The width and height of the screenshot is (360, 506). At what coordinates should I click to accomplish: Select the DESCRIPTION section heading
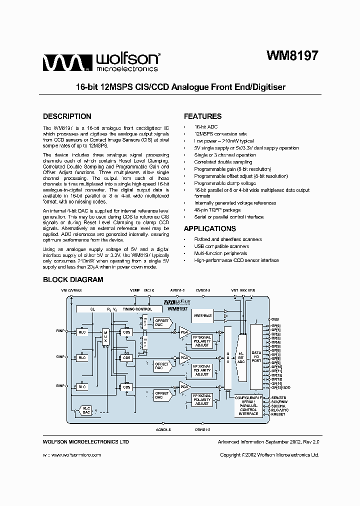click(x=67, y=116)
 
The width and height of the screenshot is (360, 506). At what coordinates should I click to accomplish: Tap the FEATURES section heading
click(x=202, y=116)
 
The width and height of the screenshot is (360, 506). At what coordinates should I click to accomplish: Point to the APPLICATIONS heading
click(x=210, y=229)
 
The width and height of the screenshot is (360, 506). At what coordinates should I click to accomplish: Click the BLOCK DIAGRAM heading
click(x=73, y=280)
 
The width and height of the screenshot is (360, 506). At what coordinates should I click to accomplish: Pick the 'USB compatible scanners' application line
click(x=221, y=246)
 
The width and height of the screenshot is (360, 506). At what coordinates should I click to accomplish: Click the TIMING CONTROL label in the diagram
click(x=137, y=309)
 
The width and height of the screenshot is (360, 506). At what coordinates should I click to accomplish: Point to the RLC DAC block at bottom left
click(x=86, y=410)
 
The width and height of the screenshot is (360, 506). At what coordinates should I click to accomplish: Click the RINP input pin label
click(x=60, y=331)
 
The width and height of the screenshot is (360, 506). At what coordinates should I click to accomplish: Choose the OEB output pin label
click(x=274, y=318)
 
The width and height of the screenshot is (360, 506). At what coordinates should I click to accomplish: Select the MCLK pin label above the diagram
click(x=149, y=290)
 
